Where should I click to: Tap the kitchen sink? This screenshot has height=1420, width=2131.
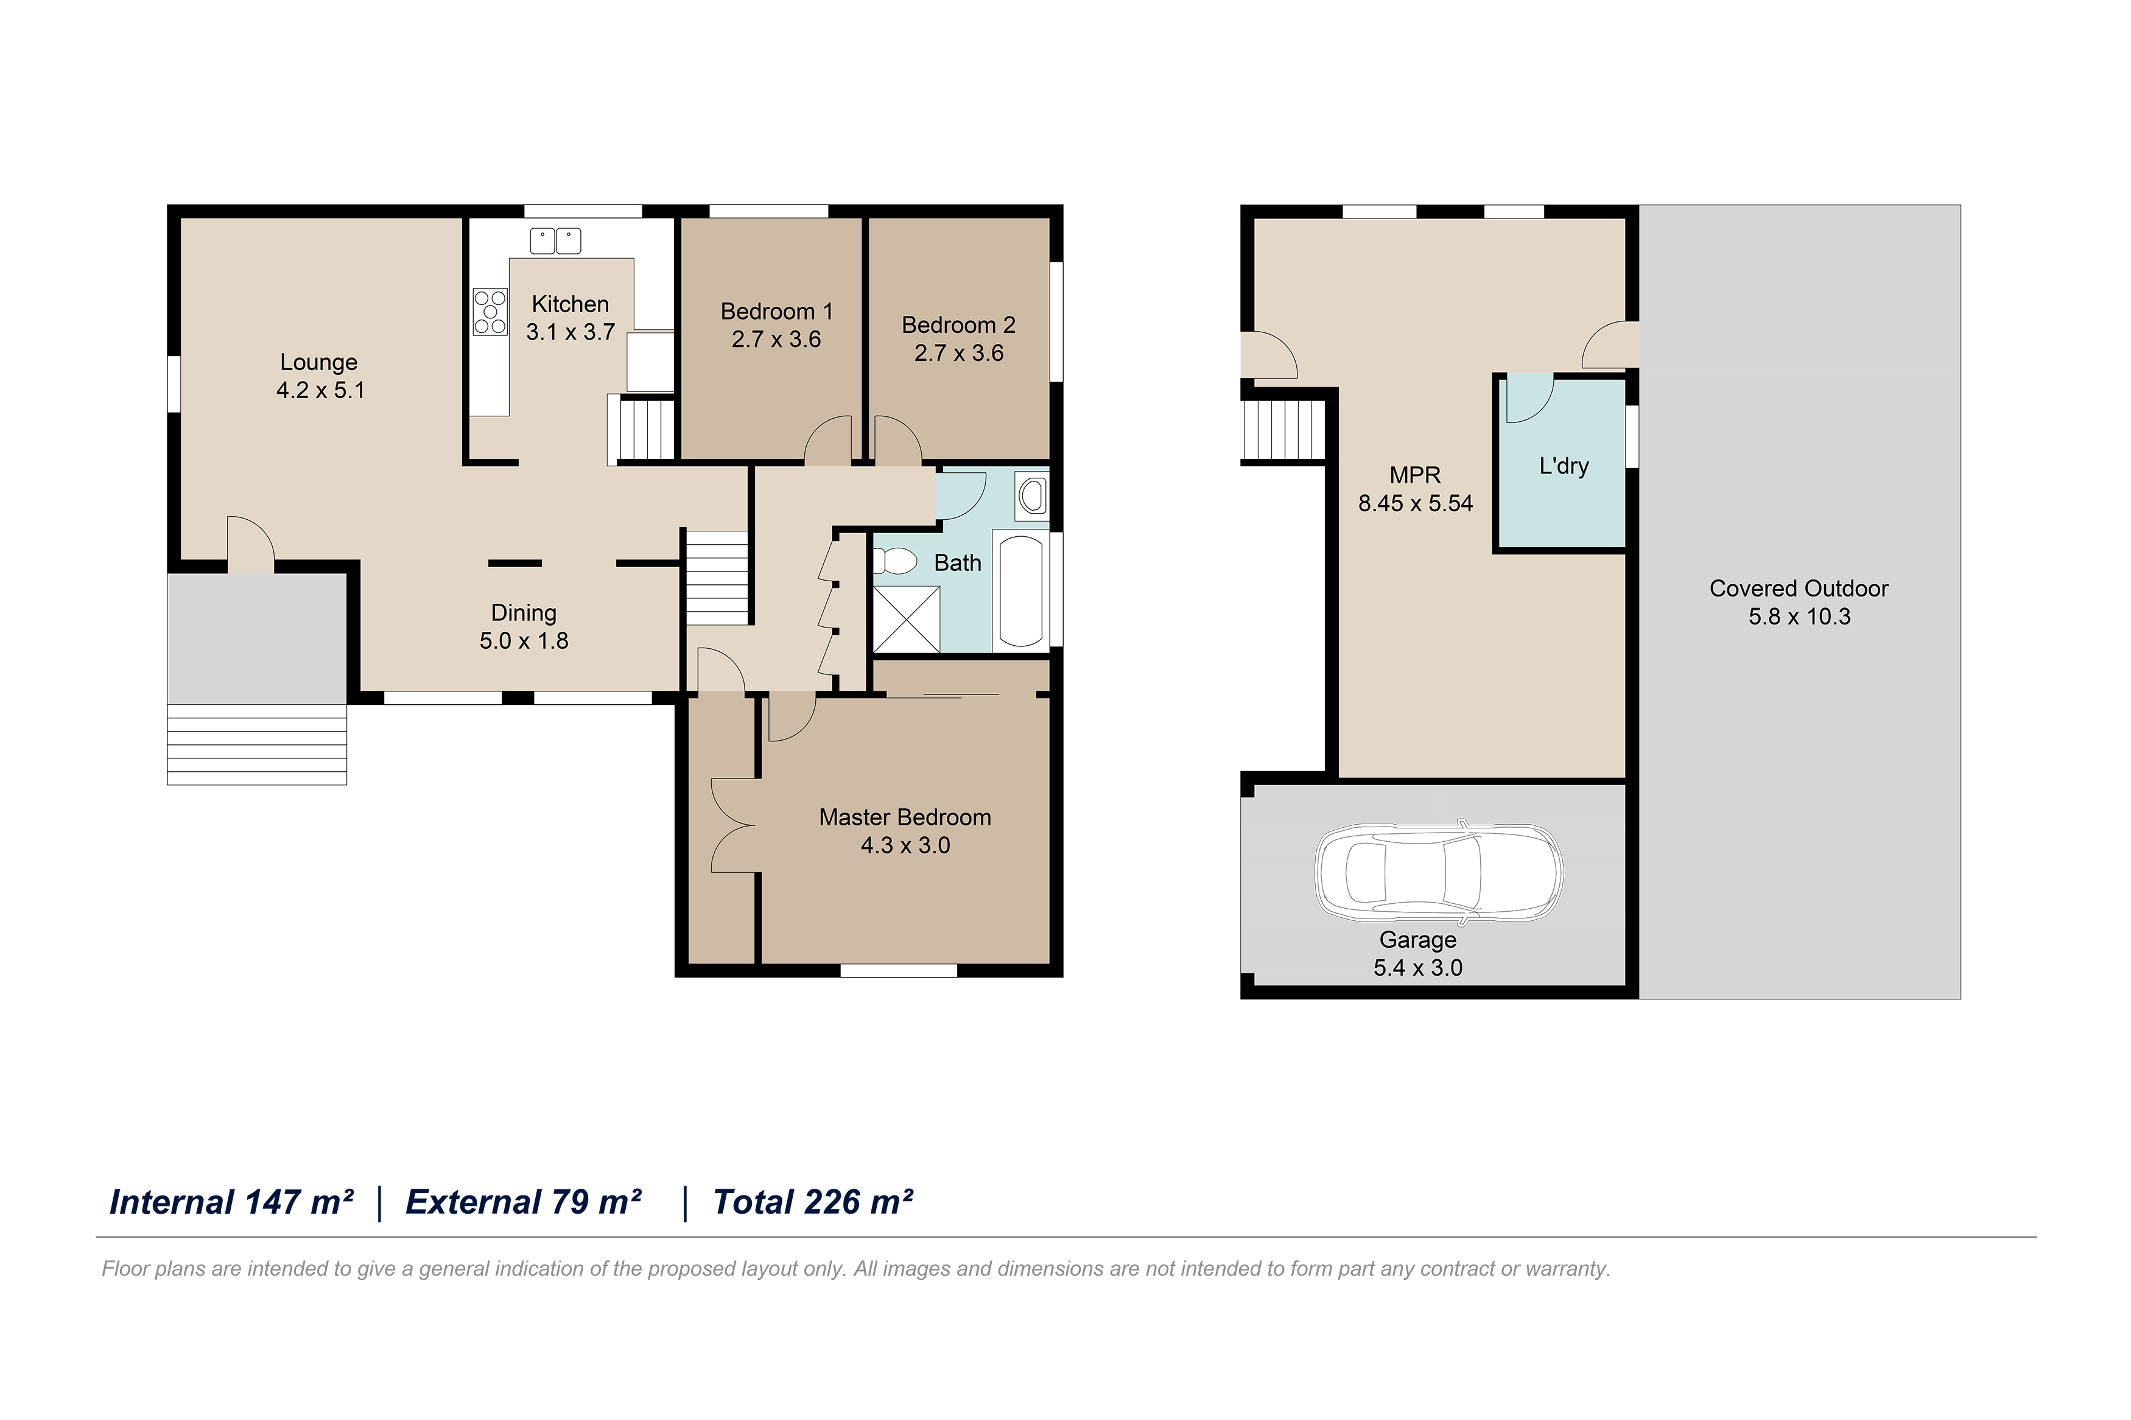(x=555, y=241)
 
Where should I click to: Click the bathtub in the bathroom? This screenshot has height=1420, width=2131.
(x=1020, y=590)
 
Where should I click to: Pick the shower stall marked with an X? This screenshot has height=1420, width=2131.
(x=905, y=620)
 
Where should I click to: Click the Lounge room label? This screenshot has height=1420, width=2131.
(x=319, y=362)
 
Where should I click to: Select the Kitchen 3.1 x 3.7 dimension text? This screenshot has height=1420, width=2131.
(x=570, y=332)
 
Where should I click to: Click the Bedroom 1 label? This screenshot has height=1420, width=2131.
(x=776, y=312)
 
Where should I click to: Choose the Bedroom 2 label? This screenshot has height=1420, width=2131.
(x=958, y=325)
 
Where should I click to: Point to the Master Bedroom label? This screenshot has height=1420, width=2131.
(x=905, y=818)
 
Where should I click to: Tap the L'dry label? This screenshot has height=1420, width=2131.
(x=1564, y=466)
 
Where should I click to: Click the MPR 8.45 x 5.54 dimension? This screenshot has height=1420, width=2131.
(x=1416, y=503)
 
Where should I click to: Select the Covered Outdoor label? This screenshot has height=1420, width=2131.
(x=1799, y=589)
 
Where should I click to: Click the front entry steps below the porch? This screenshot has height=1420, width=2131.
(x=257, y=744)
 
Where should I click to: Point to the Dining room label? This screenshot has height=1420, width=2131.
(x=524, y=613)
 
